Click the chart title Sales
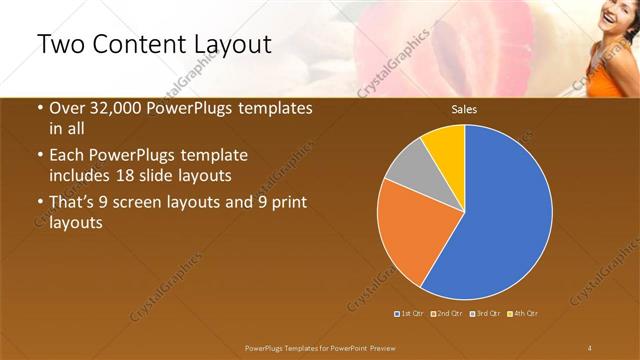pyautogui.click(x=464, y=109)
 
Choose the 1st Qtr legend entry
pyautogui.click(x=410, y=314)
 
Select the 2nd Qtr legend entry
pyautogui.click(x=448, y=314)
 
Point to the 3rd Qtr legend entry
pyautogui.click(x=486, y=314)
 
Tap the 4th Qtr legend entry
pyautogui.click(x=524, y=314)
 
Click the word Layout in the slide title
pyautogui.click(x=233, y=46)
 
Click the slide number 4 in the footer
pyautogui.click(x=590, y=346)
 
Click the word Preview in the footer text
pyautogui.click(x=390, y=346)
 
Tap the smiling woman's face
pyautogui.click(x=611, y=14)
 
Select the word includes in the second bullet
pyautogui.click(x=78, y=175)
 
